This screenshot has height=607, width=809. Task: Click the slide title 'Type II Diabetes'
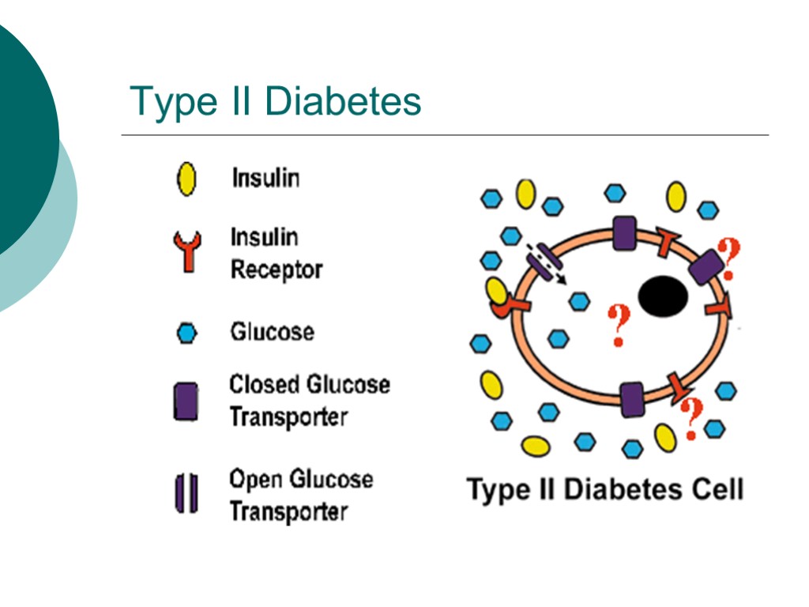(x=276, y=102)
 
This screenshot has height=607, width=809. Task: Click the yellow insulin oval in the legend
(x=186, y=179)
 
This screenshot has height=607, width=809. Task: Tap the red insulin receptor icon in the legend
(x=187, y=251)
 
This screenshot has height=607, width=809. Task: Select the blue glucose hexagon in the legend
(x=186, y=333)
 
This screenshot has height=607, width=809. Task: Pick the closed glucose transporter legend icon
(x=186, y=401)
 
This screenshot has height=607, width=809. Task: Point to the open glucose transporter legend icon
(x=186, y=493)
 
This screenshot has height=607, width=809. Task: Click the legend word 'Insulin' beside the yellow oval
(x=265, y=178)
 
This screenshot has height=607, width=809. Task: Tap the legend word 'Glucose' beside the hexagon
(x=272, y=331)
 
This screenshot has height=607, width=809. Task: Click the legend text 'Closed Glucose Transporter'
(x=309, y=400)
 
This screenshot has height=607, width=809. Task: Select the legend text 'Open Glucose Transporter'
(x=300, y=495)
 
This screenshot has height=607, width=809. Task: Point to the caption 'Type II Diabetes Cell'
(x=605, y=489)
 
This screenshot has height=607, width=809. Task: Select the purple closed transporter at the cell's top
(x=624, y=234)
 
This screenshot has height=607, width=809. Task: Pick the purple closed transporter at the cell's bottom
(x=632, y=399)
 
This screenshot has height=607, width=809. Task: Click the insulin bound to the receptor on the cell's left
(x=497, y=292)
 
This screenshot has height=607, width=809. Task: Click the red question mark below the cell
(x=691, y=417)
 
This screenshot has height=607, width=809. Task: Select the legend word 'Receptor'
(x=277, y=270)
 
